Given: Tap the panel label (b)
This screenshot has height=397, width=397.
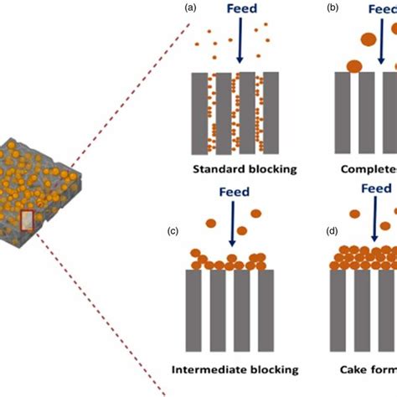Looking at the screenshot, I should tap(333, 9).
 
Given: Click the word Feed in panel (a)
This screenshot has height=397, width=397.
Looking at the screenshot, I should tap(240, 10).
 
